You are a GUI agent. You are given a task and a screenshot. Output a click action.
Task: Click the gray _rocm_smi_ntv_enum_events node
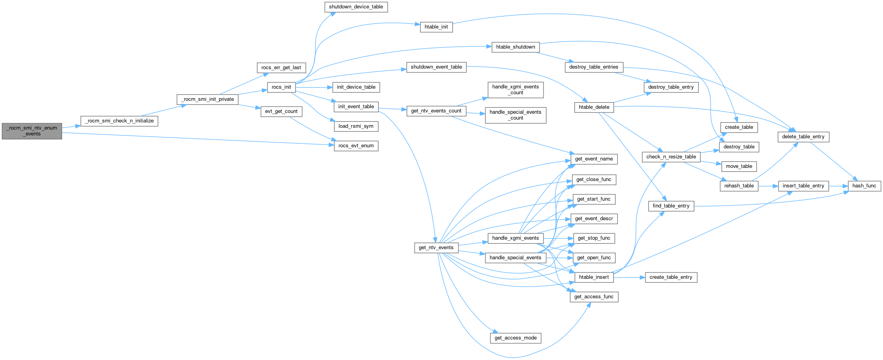32,131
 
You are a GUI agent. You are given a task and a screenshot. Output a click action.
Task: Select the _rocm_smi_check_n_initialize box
119,121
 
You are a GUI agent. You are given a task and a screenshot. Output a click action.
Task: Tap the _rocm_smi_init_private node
208,99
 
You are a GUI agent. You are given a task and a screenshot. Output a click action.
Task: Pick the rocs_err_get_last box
281,67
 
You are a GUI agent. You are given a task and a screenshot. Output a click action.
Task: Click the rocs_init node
281,87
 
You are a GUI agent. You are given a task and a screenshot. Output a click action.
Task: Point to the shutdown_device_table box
356,7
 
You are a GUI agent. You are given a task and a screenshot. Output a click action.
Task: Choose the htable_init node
436,27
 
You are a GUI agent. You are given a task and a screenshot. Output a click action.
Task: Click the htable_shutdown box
515,47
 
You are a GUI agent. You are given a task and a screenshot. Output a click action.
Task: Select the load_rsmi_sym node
356,126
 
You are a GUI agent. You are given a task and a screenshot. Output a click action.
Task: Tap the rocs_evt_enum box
356,146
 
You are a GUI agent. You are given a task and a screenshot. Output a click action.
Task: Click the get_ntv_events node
436,248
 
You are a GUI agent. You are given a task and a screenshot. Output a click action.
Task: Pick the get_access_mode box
515,338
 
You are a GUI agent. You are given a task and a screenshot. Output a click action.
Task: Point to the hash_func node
864,186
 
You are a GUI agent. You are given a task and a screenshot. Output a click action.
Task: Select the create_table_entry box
671,277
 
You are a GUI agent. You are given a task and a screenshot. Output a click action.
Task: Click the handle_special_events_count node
515,115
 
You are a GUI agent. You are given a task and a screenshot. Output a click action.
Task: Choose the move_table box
739,166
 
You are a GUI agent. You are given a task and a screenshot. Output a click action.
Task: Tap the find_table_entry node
671,206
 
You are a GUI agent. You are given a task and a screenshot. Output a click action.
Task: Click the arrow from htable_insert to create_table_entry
629,277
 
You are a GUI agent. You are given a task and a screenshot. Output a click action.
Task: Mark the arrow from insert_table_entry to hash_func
838,186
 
